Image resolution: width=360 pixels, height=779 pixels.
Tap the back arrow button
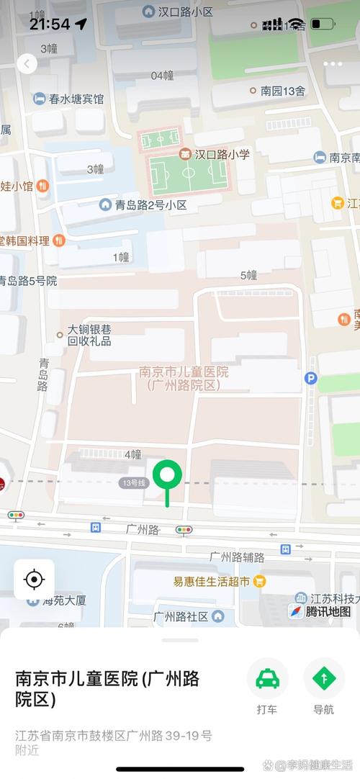(27, 64)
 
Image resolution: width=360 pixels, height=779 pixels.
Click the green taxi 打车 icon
(267, 678)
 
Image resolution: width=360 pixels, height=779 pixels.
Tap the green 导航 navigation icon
(323, 678)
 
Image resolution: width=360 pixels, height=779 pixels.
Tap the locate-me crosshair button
(34, 579)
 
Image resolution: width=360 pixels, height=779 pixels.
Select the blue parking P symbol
(311, 378)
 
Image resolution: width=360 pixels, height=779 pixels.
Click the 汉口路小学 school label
(215, 154)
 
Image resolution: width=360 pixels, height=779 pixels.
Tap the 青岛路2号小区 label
(143, 205)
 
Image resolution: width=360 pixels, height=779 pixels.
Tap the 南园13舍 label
(277, 91)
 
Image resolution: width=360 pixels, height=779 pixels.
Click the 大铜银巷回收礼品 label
(92, 335)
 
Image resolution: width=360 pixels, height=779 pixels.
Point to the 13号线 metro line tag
(133, 483)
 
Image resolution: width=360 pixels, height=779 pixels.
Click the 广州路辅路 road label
(237, 557)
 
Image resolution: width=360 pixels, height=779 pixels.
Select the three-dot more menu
(333, 64)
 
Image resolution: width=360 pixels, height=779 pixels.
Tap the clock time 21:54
(50, 24)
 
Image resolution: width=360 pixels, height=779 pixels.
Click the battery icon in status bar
(322, 24)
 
